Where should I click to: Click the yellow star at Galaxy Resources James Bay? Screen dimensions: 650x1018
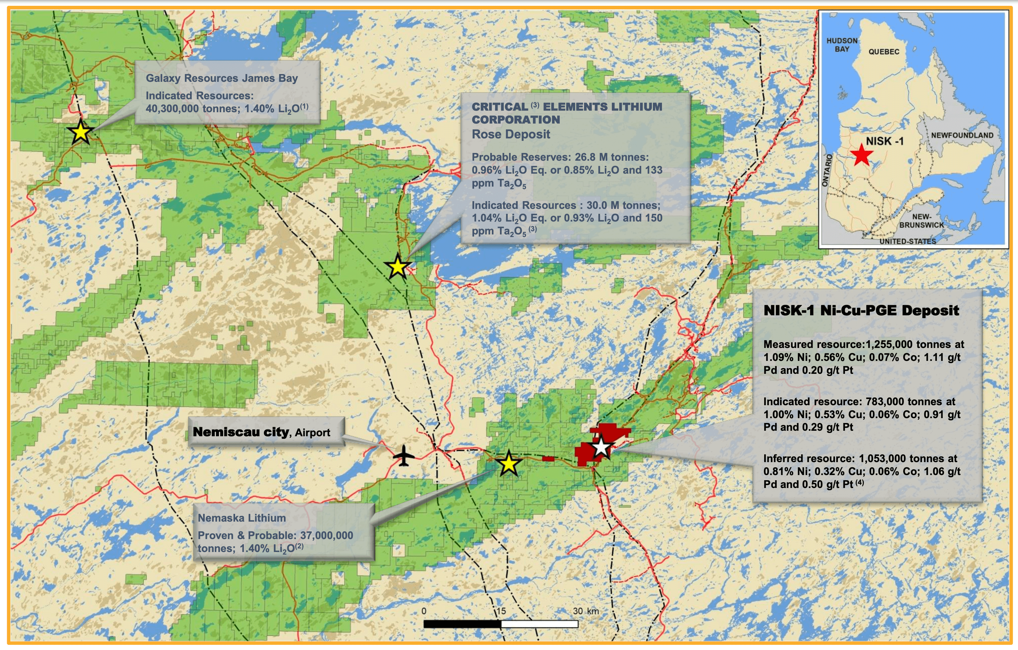click(x=80, y=132)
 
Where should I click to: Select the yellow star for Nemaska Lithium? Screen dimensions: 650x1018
click(x=509, y=464)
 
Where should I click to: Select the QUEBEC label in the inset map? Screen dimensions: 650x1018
click(x=883, y=51)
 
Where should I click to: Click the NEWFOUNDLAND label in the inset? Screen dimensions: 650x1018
click(x=962, y=135)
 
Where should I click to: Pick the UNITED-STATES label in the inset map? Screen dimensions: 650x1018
click(x=908, y=241)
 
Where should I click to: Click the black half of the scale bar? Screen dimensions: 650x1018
click(x=462, y=624)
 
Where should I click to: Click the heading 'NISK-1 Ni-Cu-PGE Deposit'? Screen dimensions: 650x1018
click(x=861, y=311)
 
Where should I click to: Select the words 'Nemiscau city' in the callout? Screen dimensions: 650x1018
click(x=241, y=432)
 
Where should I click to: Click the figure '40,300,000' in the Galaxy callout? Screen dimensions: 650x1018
click(x=172, y=109)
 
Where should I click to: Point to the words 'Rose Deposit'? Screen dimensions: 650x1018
click(x=511, y=135)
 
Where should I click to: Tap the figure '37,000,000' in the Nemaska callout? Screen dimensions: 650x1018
click(x=326, y=536)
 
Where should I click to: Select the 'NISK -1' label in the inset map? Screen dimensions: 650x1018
click(x=884, y=141)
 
